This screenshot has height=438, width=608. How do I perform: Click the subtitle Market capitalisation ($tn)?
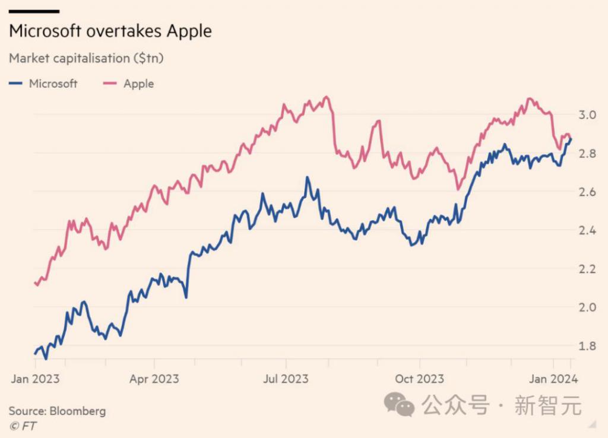click(x=86, y=58)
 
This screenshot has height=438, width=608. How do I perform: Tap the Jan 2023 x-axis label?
click(x=35, y=379)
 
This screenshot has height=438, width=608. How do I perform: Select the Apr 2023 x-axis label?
click(x=154, y=379)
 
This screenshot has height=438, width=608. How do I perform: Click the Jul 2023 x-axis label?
click(x=287, y=379)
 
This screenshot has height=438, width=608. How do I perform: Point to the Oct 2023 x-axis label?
click(x=420, y=379)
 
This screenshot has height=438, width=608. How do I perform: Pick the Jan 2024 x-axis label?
click(x=553, y=379)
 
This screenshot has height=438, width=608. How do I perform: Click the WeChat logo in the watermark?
click(x=399, y=405)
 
